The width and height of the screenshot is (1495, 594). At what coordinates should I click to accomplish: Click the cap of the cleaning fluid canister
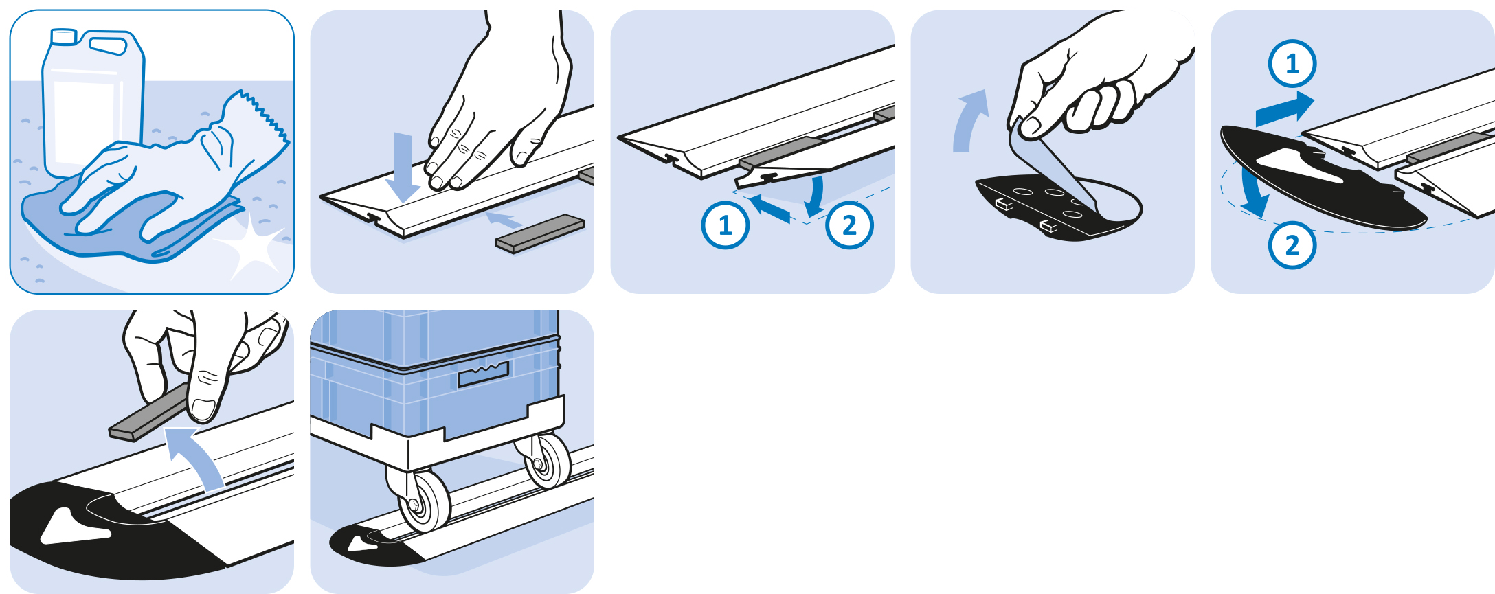coord(64,36)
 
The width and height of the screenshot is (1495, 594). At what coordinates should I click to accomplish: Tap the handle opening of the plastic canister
coord(109,45)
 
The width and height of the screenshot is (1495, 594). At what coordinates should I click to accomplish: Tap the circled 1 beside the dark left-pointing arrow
coord(726,225)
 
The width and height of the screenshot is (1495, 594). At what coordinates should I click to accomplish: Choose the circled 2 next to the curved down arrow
coord(850,225)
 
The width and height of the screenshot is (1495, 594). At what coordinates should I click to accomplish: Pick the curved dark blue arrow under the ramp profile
coord(816,196)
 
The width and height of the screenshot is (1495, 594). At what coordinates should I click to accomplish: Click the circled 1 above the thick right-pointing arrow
coord(1292,64)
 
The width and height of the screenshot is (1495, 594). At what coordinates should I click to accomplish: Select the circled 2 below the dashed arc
coord(1292,244)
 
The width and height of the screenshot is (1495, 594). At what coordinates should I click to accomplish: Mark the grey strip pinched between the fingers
coord(151,413)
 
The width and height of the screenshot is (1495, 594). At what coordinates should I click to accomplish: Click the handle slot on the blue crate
coord(484,373)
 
